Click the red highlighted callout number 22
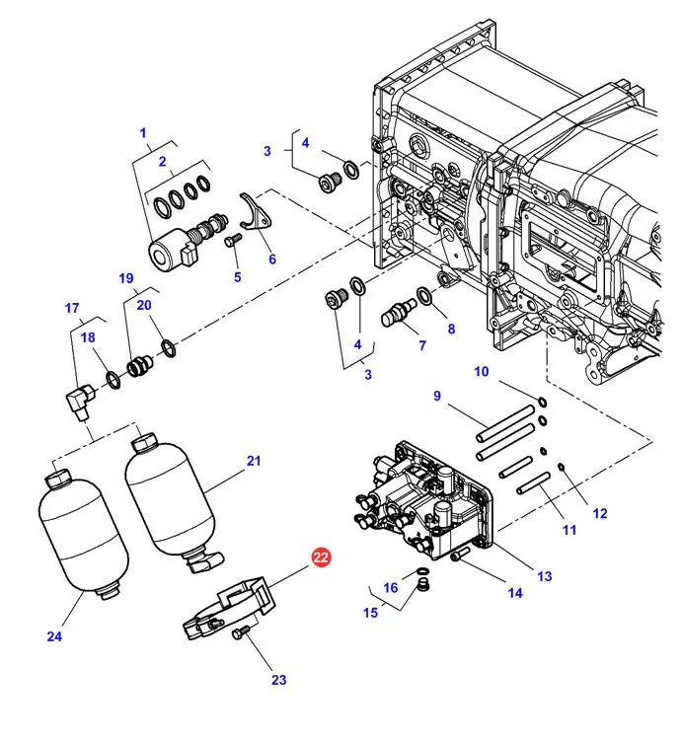coord(321,556)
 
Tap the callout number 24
coord(54,636)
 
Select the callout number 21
coord(254,461)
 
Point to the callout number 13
coord(544,576)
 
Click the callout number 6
coord(272,259)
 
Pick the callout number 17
coord(72,308)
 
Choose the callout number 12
coord(600,513)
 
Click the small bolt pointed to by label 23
coord(241,631)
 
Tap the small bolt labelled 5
coord(234,240)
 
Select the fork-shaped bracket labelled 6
coord(256,212)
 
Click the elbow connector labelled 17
coord(79,401)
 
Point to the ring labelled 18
coord(114,380)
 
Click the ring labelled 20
coord(169,348)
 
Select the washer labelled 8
coord(424,296)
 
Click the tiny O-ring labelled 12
coord(562,468)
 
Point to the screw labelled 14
coord(459,554)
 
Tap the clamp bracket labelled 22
coord(230,608)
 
